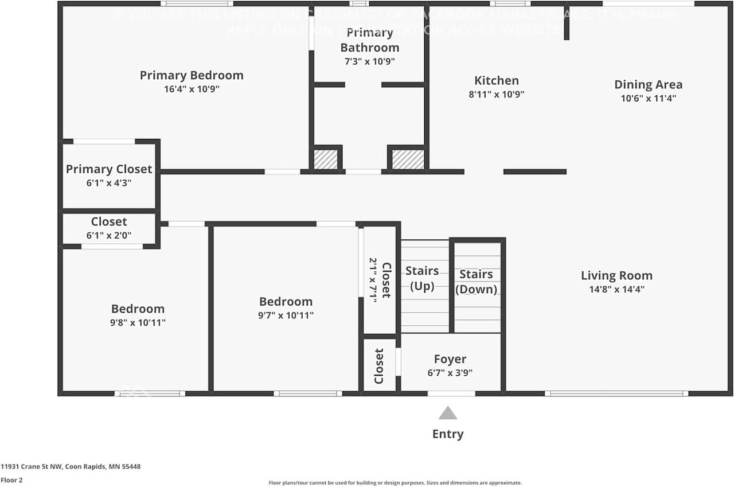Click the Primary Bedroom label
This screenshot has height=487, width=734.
coord(192,75)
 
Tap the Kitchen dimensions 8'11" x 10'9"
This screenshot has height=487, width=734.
coord(497,95)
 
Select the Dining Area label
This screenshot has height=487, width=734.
coord(648,85)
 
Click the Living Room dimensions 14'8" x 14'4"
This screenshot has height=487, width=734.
coord(616,290)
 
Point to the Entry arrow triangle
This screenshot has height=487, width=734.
coord(448,413)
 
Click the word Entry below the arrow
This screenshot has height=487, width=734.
coord(448,434)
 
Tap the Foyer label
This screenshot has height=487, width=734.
coord(450,359)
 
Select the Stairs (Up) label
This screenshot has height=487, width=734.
coord(422,278)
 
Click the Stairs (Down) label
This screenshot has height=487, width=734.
coord(476,282)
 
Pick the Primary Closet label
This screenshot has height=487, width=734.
coord(109,169)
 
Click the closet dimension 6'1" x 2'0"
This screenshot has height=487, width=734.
coord(109,235)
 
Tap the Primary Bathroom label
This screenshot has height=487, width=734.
coord(369,40)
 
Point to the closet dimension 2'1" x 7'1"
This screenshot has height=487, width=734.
coord(373,280)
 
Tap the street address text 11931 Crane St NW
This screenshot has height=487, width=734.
coord(70,466)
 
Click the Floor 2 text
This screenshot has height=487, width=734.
coord(11,480)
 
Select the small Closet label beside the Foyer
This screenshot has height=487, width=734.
coord(379,366)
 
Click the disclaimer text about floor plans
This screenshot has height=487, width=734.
coord(395,483)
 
